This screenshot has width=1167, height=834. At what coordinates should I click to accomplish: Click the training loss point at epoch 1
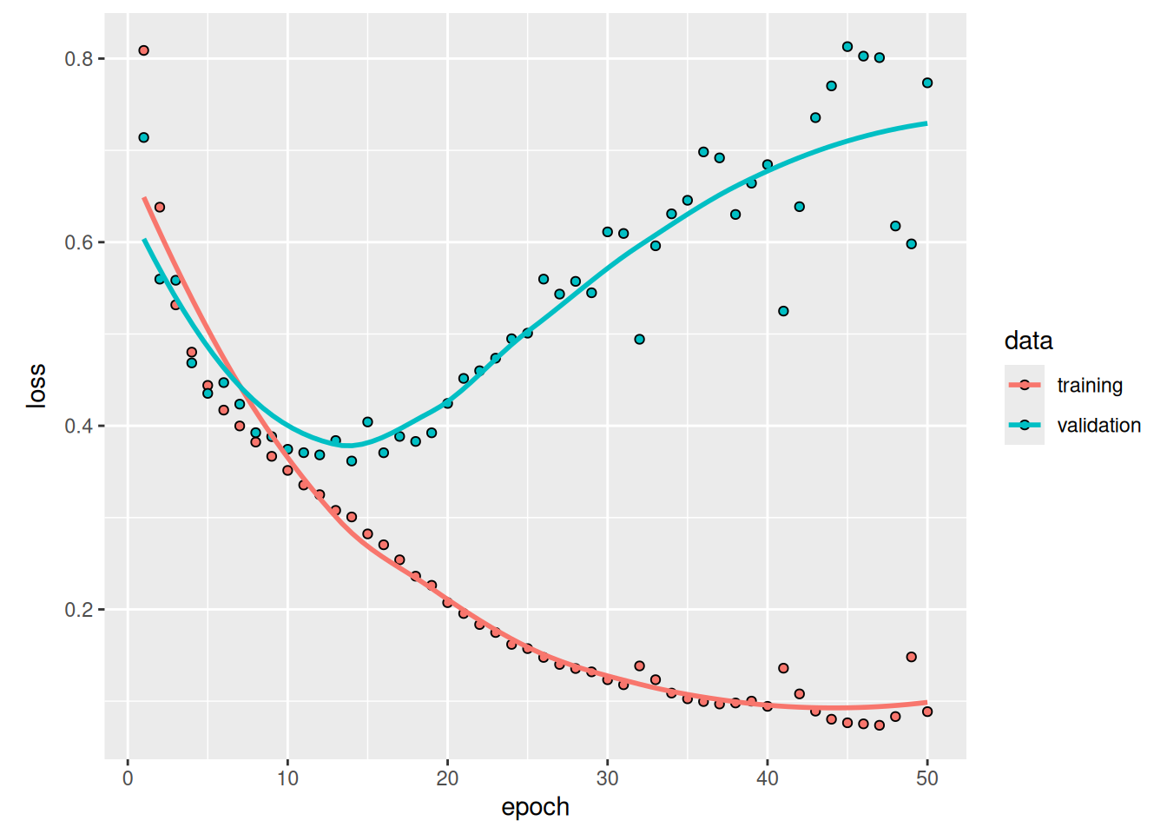143,50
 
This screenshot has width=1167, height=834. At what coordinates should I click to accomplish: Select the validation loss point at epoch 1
143,137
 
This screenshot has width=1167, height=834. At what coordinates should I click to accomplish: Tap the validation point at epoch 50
927,83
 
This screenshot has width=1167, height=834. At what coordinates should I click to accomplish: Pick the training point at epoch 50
927,712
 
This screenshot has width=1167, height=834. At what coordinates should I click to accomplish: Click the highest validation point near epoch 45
847,47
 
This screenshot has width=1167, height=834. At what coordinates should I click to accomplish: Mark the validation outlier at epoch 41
783,311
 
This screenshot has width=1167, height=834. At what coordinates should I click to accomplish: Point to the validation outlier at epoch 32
640,340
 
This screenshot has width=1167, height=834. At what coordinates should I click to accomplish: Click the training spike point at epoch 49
912,657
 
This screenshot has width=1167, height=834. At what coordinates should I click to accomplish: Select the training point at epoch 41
783,668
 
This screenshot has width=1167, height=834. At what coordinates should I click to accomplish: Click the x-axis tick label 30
608,778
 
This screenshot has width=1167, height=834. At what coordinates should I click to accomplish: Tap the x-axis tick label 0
128,778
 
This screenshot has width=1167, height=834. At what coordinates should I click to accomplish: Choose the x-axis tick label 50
927,778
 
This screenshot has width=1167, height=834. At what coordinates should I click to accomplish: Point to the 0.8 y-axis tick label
79,59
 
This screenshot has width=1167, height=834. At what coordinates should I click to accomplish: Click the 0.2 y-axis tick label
79,610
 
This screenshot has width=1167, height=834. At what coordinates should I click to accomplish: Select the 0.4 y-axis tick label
79,427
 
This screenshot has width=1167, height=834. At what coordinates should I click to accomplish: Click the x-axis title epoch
535,807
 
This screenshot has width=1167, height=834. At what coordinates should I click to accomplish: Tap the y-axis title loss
36,386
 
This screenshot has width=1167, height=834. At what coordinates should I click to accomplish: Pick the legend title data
1028,341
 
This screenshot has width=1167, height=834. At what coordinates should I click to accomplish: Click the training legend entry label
1090,386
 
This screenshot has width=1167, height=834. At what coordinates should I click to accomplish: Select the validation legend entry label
1098,426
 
